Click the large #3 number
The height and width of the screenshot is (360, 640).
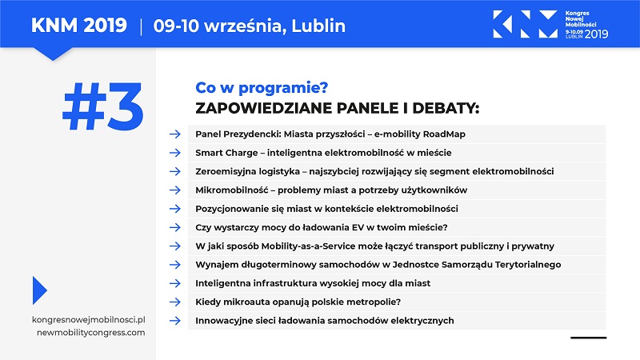pyautogui.click(x=103, y=106)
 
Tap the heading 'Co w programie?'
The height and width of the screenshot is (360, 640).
pyautogui.click(x=262, y=88)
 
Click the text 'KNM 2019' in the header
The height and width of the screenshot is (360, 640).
pyautogui.click(x=78, y=26)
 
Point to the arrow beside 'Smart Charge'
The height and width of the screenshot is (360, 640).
pyautogui.click(x=175, y=153)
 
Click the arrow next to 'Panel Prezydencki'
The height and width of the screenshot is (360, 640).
pyautogui.click(x=175, y=134)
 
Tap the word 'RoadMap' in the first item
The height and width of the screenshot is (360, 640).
pyautogui.click(x=444, y=134)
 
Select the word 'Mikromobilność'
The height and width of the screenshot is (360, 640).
pyautogui.click(x=232, y=190)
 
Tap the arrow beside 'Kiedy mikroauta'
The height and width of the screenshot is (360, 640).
pyautogui.click(x=175, y=302)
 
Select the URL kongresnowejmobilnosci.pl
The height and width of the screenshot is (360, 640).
pyautogui.click(x=89, y=319)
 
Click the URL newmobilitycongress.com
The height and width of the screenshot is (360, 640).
pyautogui.click(x=91, y=332)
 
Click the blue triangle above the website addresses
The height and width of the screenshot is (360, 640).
pyautogui.click(x=39, y=290)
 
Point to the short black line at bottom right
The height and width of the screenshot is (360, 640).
pyautogui.click(x=589, y=338)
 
